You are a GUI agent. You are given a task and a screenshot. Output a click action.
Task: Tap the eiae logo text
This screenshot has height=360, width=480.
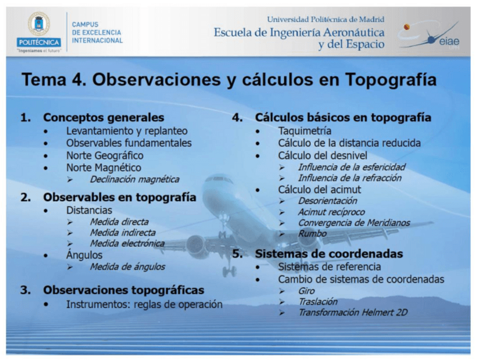coord(449,41)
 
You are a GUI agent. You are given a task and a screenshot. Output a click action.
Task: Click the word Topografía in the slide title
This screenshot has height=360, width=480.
coord(391,80)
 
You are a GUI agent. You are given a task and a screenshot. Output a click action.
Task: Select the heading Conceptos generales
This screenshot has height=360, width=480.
coord(104,117)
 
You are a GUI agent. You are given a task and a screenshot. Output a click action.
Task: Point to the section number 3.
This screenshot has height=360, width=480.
coord(25,290)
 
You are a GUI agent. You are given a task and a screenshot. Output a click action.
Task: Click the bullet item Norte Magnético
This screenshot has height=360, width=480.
coord(104,168)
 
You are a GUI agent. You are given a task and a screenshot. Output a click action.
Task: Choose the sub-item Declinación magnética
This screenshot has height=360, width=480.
coord(135,179)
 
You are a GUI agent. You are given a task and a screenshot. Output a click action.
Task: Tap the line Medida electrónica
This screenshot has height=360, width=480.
coord(127,243)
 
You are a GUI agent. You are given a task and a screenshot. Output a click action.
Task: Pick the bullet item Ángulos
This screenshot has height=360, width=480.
coord(84,255)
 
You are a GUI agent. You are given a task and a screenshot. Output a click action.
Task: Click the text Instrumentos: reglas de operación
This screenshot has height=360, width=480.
coord(144,305)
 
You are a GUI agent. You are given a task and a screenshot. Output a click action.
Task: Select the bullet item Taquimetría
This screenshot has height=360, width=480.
coord(305,131)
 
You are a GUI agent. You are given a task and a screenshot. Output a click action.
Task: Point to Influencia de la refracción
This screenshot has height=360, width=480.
coord(350,178)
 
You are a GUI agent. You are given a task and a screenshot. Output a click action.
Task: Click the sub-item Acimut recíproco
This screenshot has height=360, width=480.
coord(332,212)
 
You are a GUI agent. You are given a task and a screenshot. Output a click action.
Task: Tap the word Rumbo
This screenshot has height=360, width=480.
coord(312,234)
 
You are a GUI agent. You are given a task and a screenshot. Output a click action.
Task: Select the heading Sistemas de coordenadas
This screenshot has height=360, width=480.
coord(329,254)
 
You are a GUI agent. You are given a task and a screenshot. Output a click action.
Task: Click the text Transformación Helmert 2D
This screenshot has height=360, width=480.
coord(353,312)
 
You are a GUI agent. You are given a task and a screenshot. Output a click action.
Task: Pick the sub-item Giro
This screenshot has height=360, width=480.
coord(306,291)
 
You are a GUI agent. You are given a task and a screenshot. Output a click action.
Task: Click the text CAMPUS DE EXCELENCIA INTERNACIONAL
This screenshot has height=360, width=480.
coord(97,32)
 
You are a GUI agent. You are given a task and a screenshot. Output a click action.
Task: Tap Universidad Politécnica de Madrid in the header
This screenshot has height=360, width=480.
coord(325,20)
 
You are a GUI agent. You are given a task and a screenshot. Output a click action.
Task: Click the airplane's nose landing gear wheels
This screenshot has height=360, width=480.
coord(229,271)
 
